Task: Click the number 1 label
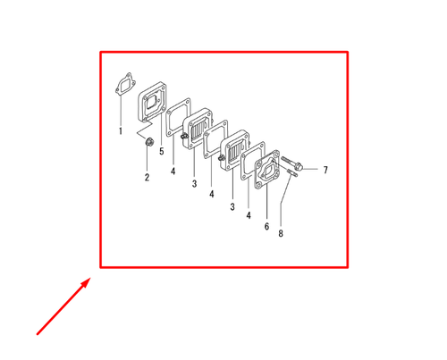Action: pos(121,132)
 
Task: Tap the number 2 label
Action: pos(147,177)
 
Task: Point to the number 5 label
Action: pos(162,152)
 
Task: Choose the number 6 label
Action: pos(266,227)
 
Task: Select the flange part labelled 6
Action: pos(268,171)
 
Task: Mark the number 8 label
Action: pos(281,235)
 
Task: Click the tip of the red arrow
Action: pos(90,278)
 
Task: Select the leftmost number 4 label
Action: pos(173,170)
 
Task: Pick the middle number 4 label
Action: pos(212,194)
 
